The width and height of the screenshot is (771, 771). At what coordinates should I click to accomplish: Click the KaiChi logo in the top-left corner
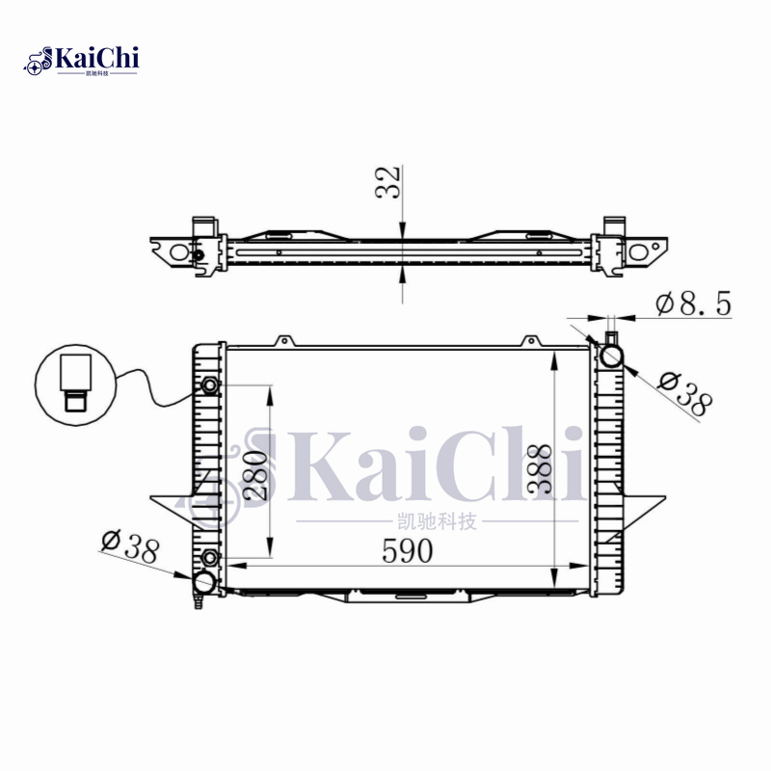coord(82,60)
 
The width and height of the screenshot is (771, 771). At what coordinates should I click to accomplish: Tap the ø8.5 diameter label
coord(693,305)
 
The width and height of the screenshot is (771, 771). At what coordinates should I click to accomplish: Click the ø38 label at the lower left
coord(129,548)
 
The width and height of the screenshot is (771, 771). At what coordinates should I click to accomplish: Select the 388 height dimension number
coord(542,468)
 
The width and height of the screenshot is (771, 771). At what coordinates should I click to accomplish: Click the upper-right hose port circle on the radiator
coord(612,356)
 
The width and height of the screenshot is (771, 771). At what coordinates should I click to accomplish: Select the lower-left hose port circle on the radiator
coord(205,582)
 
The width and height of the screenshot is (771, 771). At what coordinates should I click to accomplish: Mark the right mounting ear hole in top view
coord(639,253)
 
